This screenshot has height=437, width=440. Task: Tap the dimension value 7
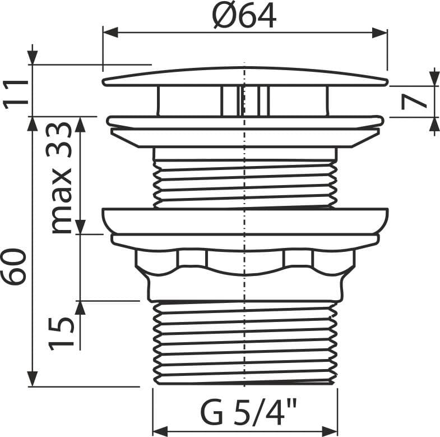pos(413,102)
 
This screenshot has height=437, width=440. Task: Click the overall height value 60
pos(13,266)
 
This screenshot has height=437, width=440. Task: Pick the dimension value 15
pos(61,334)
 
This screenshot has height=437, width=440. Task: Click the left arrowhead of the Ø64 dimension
pos(110,33)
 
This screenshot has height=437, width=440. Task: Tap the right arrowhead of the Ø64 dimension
pos(379,33)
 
